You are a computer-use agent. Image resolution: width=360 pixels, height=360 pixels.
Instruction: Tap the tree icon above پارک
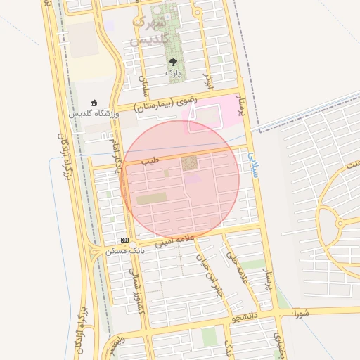pos(173,61)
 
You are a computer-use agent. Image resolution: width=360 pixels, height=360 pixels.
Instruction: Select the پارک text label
pos(173,72)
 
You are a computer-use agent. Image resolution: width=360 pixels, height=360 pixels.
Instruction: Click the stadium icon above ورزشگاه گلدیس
pos(94,103)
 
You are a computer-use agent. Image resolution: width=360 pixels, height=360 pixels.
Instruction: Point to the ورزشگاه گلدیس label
pos(94,113)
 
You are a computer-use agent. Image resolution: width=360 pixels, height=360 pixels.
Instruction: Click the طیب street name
pos(150,162)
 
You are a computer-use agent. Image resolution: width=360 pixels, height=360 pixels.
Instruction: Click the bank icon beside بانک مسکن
pos(124,240)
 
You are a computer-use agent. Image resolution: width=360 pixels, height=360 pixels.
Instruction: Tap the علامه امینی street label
pos(173,240)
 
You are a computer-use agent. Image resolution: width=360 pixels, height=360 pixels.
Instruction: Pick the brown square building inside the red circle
pos(190,164)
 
